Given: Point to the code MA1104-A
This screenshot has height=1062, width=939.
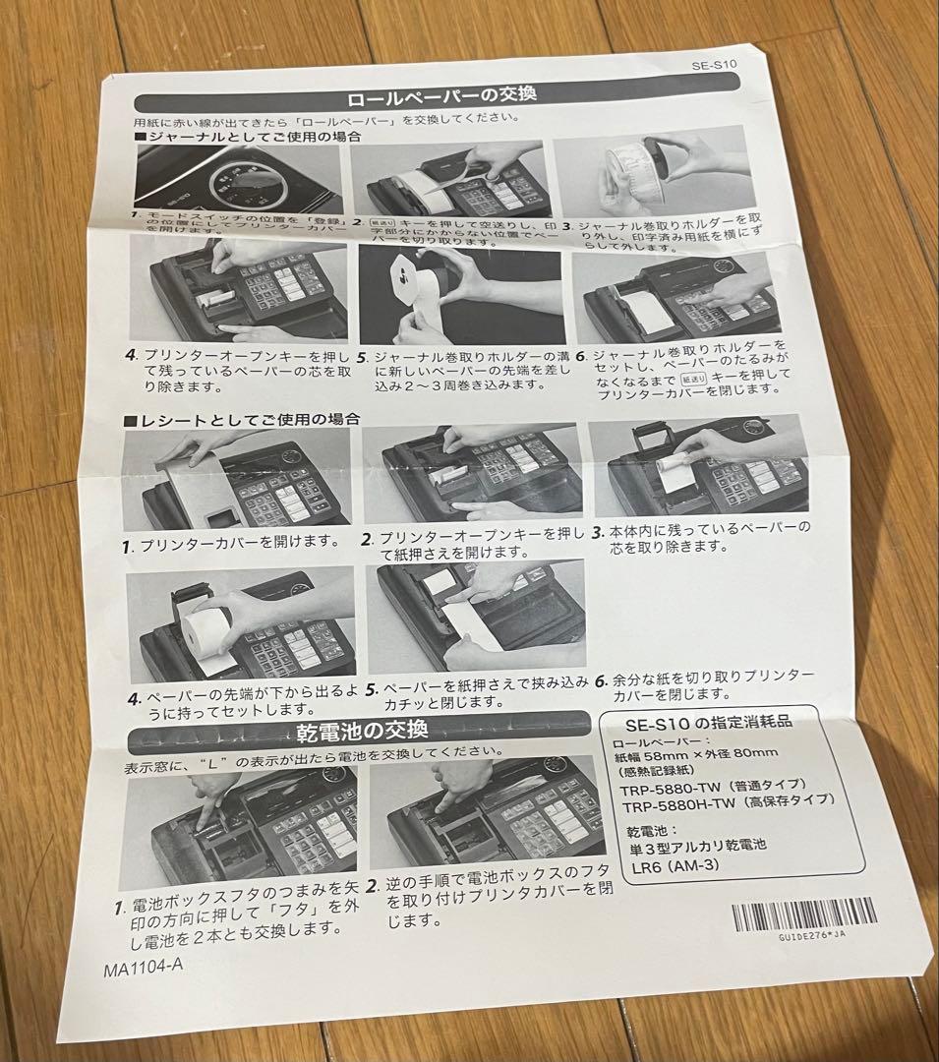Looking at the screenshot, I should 144,966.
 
